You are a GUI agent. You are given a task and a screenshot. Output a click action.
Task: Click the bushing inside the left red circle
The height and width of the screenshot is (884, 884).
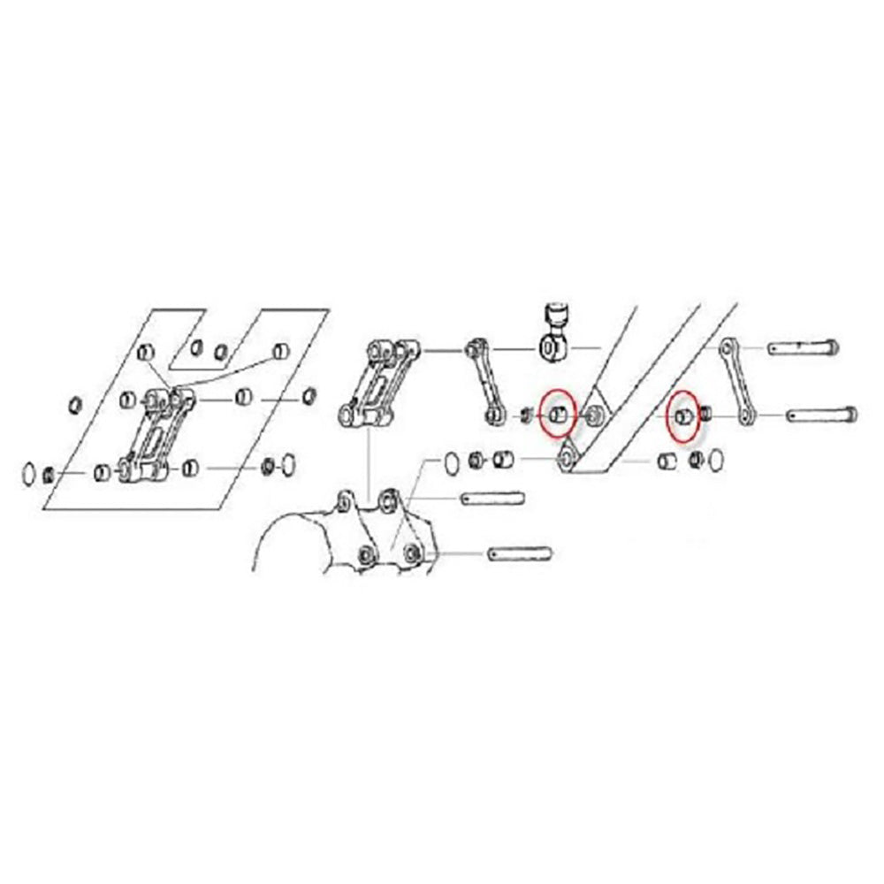558,414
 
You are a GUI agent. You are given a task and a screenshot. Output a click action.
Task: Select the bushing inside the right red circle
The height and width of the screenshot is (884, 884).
682,415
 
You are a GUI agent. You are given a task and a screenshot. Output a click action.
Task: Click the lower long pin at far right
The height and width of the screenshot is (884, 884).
819,413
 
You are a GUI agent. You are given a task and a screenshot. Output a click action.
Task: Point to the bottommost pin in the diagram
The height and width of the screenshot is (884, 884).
521,554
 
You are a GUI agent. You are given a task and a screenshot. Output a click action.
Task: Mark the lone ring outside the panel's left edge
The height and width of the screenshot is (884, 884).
76,406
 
